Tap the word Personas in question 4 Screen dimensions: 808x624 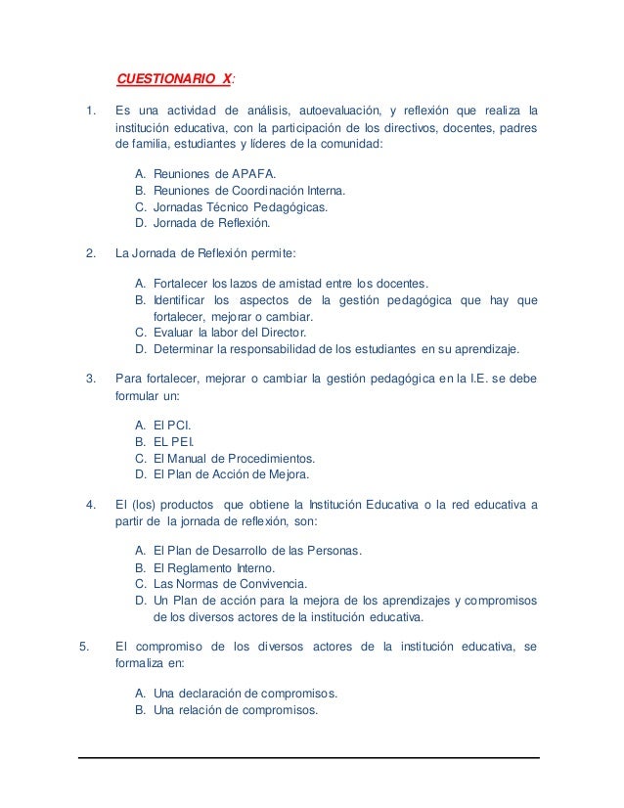click(x=333, y=551)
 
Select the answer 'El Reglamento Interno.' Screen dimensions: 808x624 click(x=215, y=567)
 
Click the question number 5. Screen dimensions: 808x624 click(x=83, y=646)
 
